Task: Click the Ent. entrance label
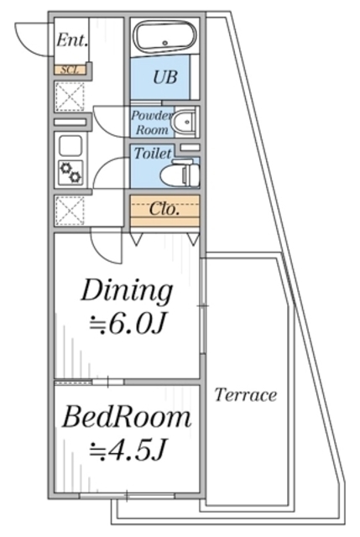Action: click(x=72, y=40)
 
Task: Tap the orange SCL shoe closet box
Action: click(x=70, y=70)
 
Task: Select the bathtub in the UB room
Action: click(x=164, y=37)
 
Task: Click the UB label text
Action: click(x=165, y=76)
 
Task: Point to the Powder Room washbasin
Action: click(x=185, y=122)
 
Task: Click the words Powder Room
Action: click(x=151, y=123)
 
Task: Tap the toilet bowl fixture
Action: click(x=180, y=175)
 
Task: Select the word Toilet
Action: click(x=153, y=153)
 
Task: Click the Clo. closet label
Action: click(x=164, y=208)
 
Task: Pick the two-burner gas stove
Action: click(x=70, y=172)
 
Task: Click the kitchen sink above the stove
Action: click(x=70, y=145)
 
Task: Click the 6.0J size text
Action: click(x=128, y=325)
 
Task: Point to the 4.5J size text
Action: click(x=128, y=450)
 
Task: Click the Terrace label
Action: click(x=246, y=395)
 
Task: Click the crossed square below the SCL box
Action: click(x=70, y=96)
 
